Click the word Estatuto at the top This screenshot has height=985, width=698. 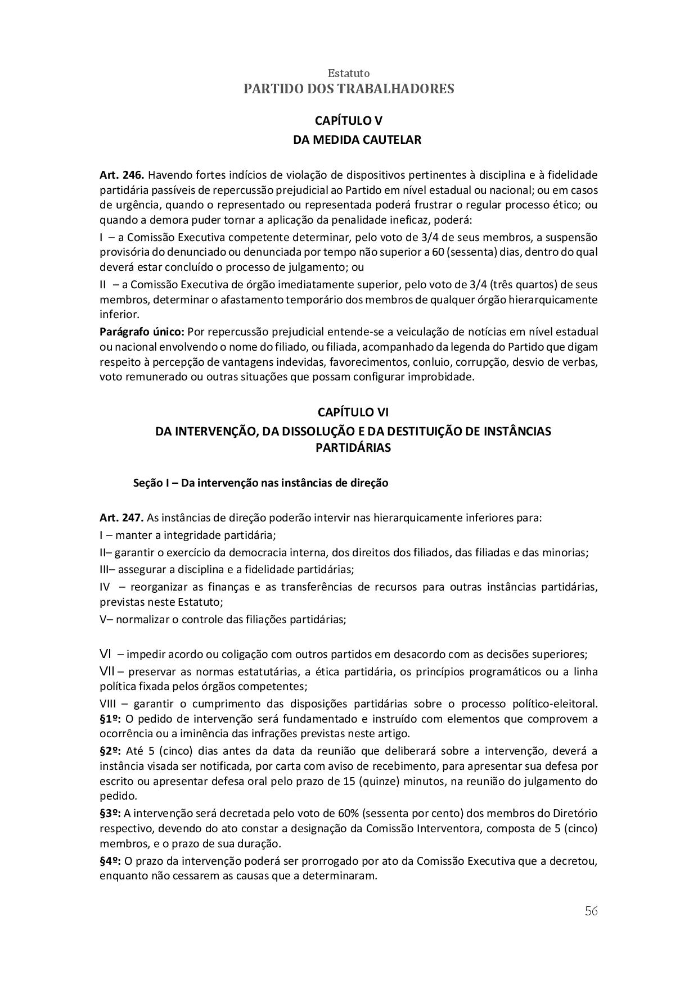349,74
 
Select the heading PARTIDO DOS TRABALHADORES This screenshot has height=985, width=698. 349,89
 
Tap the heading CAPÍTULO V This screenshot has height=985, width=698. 349,120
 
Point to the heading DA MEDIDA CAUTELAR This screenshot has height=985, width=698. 357,140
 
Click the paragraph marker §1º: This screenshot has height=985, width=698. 110,719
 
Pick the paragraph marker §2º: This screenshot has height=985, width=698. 110,751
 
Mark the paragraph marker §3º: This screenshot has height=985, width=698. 110,813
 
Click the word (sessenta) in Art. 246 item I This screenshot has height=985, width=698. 470,252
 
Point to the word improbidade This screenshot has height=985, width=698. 442,376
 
